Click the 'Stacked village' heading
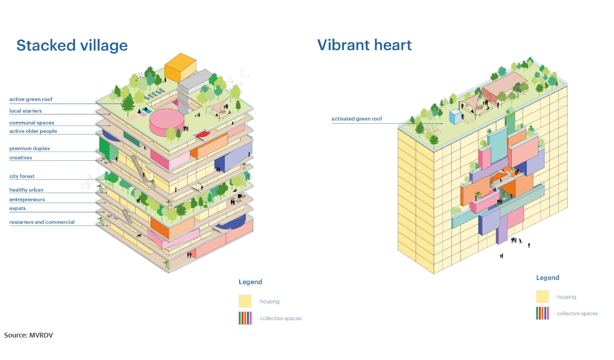click(72, 45)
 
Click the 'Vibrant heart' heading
click(364, 45)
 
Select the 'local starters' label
click(25, 111)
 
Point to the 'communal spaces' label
click(32, 123)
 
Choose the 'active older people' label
click(33, 131)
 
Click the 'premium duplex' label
click(30, 149)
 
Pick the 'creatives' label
click(21, 158)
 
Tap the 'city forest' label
click(22, 177)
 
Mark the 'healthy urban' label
click(26, 190)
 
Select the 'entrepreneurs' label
click(27, 200)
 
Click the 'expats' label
click(18, 209)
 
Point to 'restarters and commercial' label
click(42, 222)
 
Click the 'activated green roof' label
click(357, 119)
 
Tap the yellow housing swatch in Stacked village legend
click(245, 301)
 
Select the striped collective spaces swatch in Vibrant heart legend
click(543, 313)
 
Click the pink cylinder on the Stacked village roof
click(167, 121)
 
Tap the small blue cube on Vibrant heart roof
click(455, 117)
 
